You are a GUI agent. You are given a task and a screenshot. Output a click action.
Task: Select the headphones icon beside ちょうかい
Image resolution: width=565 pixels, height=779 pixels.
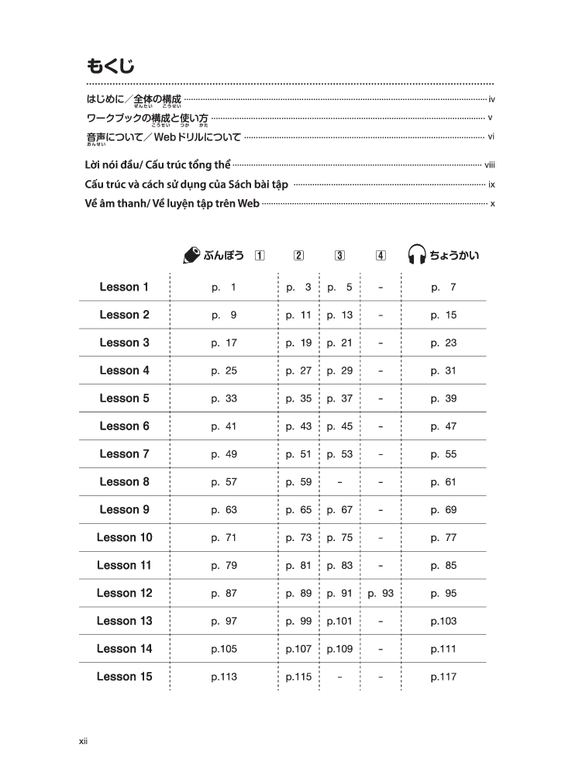[x=417, y=256]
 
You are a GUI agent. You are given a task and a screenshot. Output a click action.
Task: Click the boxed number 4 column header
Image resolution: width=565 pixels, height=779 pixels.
[x=381, y=256]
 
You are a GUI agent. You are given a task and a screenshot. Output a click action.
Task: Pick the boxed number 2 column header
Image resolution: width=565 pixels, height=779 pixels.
[x=298, y=256]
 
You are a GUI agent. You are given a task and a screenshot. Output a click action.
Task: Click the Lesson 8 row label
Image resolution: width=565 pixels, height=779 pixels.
[x=124, y=482]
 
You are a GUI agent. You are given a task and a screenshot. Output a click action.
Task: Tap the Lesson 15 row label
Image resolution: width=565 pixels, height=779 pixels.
[x=124, y=677]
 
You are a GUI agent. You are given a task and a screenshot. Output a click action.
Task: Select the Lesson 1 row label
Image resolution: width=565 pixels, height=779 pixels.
[x=124, y=288]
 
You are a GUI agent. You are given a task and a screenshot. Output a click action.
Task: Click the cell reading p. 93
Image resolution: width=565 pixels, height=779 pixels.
[x=381, y=594]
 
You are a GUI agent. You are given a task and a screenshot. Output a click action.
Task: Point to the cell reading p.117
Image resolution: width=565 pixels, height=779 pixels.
[x=443, y=677]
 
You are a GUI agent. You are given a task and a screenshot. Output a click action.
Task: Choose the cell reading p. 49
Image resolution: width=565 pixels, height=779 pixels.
[x=224, y=454]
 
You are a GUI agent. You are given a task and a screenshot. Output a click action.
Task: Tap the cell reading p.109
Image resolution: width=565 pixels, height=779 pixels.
[x=339, y=650]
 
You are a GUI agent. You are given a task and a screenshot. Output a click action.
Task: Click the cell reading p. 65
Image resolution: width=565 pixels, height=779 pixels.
[x=298, y=510]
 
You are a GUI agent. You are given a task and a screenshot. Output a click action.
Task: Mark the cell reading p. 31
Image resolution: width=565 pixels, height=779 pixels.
[x=443, y=371]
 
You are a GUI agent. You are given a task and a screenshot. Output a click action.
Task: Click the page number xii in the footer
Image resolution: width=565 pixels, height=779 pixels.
[x=83, y=741]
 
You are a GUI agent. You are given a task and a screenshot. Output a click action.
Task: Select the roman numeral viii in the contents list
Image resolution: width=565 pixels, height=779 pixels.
[x=489, y=165]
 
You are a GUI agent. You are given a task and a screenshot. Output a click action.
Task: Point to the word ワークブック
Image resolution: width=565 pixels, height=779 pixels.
[x=113, y=118]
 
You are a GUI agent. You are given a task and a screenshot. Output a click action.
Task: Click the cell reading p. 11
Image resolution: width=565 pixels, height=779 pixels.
[x=298, y=315]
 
